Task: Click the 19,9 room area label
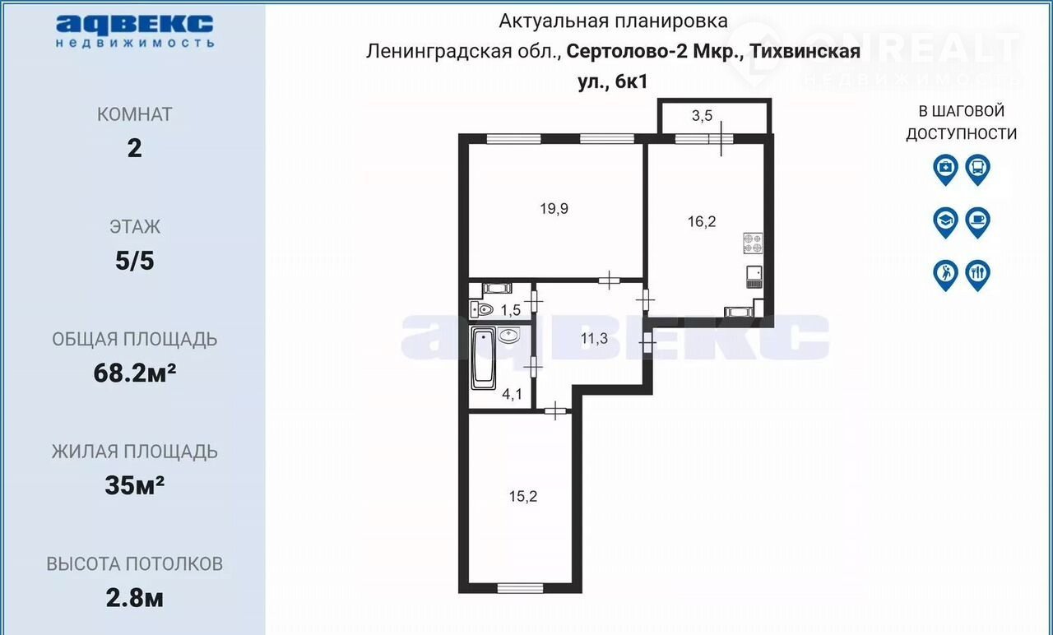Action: [x=554, y=208]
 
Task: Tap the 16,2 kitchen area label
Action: [x=702, y=221]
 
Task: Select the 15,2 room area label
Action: [x=522, y=496]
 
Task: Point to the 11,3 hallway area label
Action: [x=594, y=338]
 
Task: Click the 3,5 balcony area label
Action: [x=702, y=115]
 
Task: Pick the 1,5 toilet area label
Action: [x=511, y=310]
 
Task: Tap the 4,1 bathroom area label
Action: [x=512, y=394]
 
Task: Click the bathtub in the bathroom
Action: [x=483, y=358]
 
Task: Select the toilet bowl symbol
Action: [x=481, y=309]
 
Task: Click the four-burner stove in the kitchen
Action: [x=753, y=243]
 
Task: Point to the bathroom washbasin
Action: [x=508, y=335]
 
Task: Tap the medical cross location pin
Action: [x=945, y=169]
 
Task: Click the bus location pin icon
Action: [x=978, y=169]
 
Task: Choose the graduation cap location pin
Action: [x=945, y=222]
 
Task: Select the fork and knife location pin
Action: [x=978, y=276]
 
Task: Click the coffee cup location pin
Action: [x=978, y=222]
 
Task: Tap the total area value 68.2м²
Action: [x=135, y=373]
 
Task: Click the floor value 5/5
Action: [x=135, y=261]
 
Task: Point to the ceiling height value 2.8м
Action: [x=135, y=598]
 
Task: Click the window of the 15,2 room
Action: [x=520, y=588]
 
